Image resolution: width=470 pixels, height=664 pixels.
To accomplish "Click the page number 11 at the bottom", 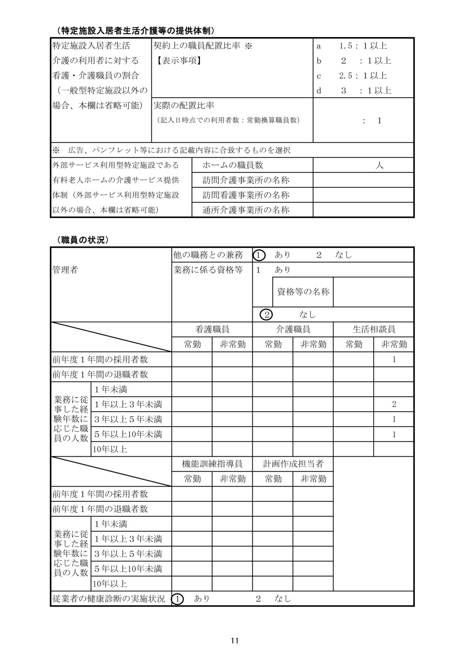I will (x=235, y=641).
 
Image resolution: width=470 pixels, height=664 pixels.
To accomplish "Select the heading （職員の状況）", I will (x=83, y=240).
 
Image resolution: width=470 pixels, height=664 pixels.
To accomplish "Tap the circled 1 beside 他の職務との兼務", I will (x=259, y=255).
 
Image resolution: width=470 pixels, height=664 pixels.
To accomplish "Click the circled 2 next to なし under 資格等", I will (x=266, y=315).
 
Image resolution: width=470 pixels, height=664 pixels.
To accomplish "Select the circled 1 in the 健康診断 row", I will (x=178, y=599).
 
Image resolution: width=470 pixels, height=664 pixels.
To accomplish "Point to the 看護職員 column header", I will (x=212, y=329).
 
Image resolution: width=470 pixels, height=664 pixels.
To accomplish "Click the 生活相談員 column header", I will (x=373, y=329).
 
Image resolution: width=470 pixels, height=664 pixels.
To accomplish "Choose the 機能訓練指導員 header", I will (x=212, y=464).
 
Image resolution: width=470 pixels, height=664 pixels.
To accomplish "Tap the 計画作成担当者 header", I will (x=293, y=464).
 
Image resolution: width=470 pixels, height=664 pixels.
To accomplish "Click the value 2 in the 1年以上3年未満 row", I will (x=394, y=404).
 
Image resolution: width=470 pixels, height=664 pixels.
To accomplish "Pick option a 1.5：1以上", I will (x=352, y=46).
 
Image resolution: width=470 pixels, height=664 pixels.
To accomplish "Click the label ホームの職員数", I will (x=233, y=165).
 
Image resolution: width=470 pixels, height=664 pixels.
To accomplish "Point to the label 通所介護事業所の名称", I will (x=246, y=210).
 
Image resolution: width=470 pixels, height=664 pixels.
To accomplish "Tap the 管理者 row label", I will (x=65, y=270).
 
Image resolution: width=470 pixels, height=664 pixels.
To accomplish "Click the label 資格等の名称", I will (x=303, y=292).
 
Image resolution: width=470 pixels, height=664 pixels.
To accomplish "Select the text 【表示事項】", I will (x=178, y=61).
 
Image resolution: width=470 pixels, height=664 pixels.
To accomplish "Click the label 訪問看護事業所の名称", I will (x=246, y=195).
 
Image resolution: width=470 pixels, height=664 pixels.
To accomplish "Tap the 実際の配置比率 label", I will (x=184, y=106).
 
